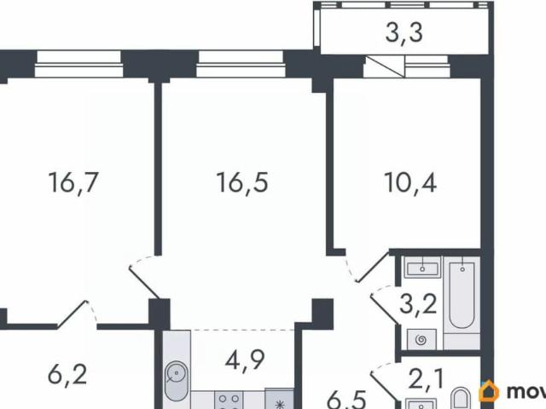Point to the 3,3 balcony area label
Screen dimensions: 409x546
pyautogui.click(x=404, y=36)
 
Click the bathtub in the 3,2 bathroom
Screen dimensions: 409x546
pyautogui.click(x=462, y=294)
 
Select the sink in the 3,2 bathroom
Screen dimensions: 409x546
pyautogui.click(x=420, y=269)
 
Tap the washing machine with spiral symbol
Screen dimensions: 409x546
pyautogui.click(x=420, y=339)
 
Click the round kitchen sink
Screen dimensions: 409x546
pyautogui.click(x=177, y=373)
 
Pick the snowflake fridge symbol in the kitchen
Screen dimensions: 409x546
pyautogui.click(x=277, y=399)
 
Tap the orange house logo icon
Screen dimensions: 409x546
pyautogui.click(x=491, y=392)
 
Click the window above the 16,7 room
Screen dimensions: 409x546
pyautogui.click(x=78, y=59)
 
